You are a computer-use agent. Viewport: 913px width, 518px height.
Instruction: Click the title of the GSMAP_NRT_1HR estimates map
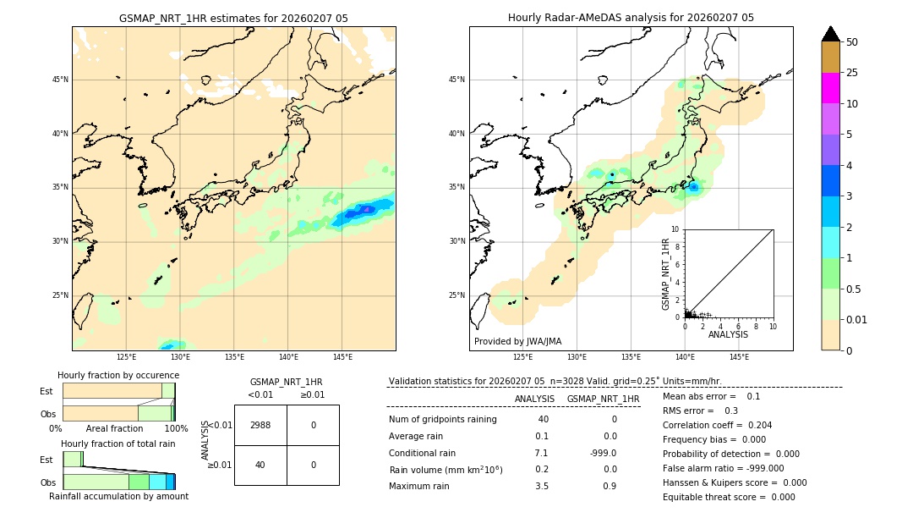click(233, 18)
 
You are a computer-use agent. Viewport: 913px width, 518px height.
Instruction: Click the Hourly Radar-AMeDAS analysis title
click(631, 18)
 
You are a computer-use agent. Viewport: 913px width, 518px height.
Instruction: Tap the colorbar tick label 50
click(852, 42)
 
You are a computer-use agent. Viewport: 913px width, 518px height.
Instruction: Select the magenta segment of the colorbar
click(830, 88)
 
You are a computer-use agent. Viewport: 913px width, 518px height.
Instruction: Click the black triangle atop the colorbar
click(830, 34)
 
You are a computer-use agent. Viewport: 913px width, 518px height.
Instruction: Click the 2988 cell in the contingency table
click(260, 425)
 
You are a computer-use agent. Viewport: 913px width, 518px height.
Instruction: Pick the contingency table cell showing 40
click(260, 465)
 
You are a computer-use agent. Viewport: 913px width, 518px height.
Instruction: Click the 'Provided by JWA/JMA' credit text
click(517, 342)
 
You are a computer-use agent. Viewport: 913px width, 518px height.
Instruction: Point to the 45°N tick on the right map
click(456, 80)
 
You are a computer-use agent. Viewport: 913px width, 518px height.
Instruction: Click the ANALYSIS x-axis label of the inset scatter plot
click(728, 335)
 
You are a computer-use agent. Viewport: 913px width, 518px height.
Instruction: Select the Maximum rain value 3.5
click(541, 486)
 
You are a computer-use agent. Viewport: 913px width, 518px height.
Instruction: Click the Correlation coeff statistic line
click(717, 426)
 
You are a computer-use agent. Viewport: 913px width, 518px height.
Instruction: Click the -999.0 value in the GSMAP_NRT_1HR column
click(603, 453)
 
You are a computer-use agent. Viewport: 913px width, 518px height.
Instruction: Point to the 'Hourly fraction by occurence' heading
click(118, 376)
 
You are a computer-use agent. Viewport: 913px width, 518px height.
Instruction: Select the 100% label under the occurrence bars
click(176, 429)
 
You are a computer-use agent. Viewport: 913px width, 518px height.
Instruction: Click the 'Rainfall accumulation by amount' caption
click(118, 497)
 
